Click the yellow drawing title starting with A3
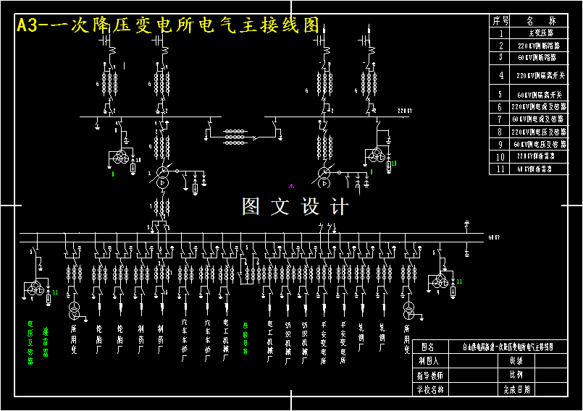point(167,25)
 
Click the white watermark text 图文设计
point(295,206)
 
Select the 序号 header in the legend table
point(500,21)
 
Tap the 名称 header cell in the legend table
point(540,21)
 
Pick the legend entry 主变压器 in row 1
point(540,33)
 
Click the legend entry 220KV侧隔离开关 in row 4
point(540,75)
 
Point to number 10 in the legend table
point(500,156)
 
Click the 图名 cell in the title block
point(429,347)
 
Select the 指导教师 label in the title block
point(429,375)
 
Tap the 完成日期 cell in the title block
point(516,389)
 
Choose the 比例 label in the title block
point(516,375)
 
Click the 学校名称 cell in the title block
point(429,389)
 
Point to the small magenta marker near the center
point(292,186)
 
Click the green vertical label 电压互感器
point(30,342)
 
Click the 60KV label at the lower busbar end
point(494,237)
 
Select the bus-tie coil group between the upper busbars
point(234,135)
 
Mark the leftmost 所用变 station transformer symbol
point(74,311)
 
